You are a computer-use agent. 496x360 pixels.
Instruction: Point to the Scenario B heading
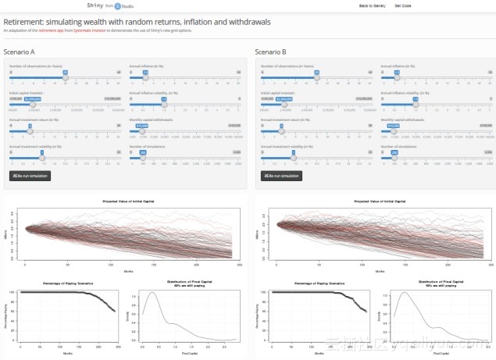click(x=273, y=53)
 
